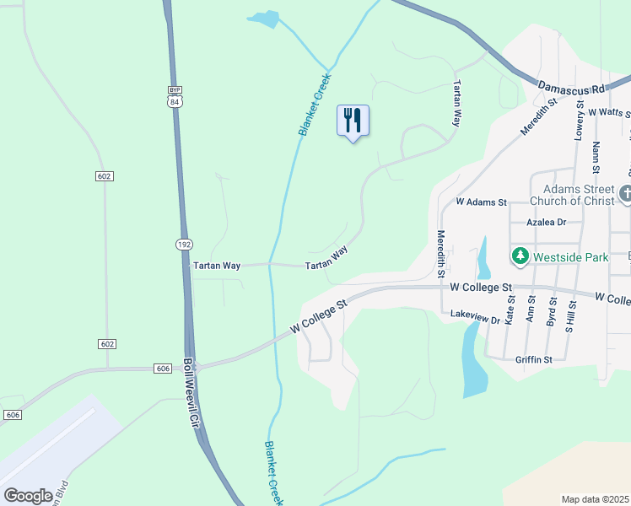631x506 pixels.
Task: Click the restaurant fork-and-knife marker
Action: click(x=353, y=121)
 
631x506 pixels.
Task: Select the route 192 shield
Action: click(x=184, y=244)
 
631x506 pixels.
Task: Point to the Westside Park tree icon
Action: click(x=520, y=255)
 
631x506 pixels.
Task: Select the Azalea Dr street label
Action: click(x=546, y=223)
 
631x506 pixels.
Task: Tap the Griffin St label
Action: click(x=533, y=359)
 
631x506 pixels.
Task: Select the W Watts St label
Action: click(x=609, y=111)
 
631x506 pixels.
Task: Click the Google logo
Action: click(x=28, y=495)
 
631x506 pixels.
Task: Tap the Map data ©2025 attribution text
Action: click(x=595, y=499)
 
